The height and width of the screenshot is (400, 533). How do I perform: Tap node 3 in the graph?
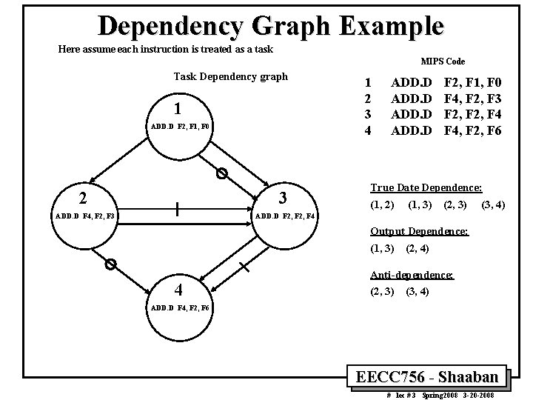pos(282,198)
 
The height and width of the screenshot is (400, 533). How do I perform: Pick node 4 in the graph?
pos(178,289)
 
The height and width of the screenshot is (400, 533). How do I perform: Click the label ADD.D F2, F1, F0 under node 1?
pos(180,127)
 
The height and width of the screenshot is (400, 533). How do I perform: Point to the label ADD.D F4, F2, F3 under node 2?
pos(85,216)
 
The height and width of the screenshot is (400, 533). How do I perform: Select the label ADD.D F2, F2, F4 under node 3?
pos(285,216)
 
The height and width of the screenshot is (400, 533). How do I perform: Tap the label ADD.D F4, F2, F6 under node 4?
pos(180,307)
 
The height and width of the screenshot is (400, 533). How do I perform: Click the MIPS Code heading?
pos(443,61)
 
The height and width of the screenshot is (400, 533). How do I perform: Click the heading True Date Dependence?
pos(426,188)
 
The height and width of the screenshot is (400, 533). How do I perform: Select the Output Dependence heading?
pos(419,232)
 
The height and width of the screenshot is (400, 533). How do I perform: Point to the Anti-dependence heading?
pos(412,275)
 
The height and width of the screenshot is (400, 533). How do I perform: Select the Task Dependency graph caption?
pos(230,76)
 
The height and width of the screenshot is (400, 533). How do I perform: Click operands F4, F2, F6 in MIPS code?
pos(473,130)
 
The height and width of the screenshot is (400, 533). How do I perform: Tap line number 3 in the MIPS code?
pos(363,116)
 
